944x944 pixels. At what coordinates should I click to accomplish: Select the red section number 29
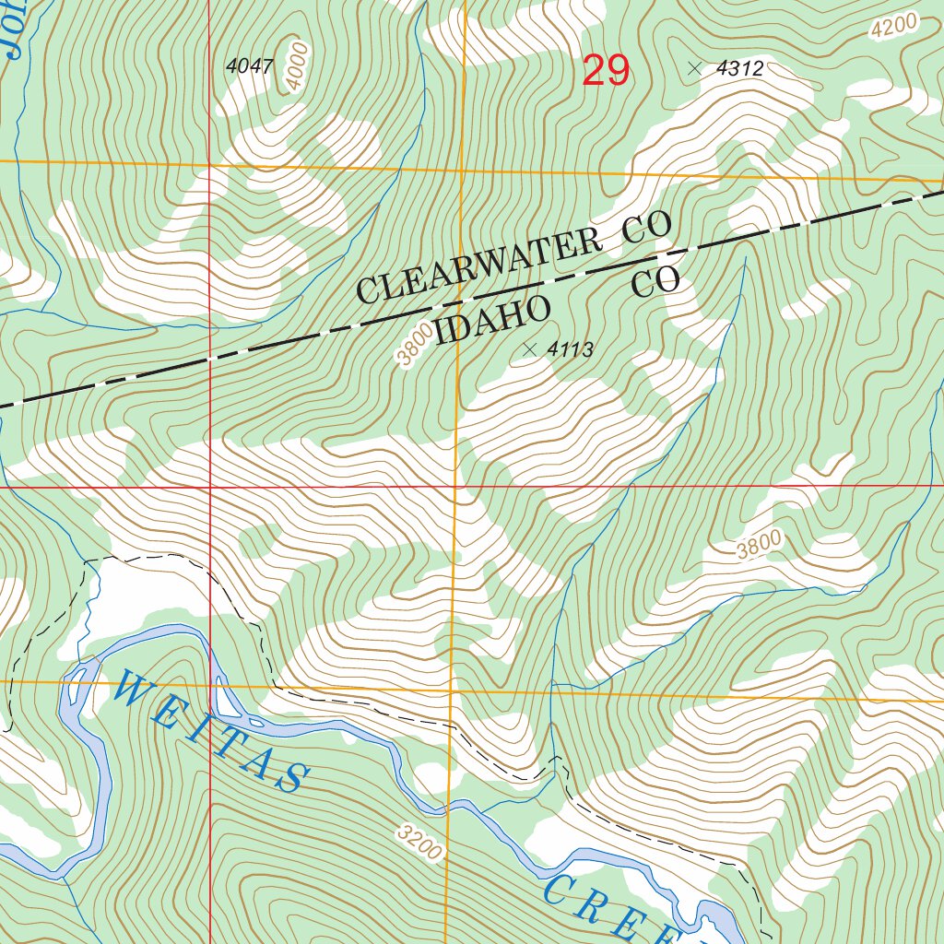(606, 71)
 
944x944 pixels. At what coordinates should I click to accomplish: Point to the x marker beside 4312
(694, 67)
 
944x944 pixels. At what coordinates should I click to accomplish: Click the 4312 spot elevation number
(740, 68)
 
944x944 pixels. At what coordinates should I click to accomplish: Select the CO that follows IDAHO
(655, 283)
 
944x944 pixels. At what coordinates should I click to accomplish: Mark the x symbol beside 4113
(529, 348)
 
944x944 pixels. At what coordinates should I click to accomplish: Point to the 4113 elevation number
(570, 349)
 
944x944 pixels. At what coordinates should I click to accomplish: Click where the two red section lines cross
(210, 485)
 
